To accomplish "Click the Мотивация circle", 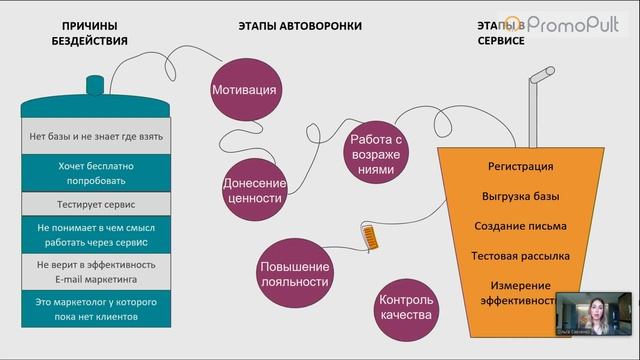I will (244, 90).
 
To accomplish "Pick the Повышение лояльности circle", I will (294, 273).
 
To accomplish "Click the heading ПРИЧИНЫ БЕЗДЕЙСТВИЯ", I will (89, 33).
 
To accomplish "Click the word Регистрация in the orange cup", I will (520, 166).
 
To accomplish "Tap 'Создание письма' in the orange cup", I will (520, 226).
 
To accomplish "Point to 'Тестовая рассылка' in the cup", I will (520, 256).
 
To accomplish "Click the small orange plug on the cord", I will (371, 239).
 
